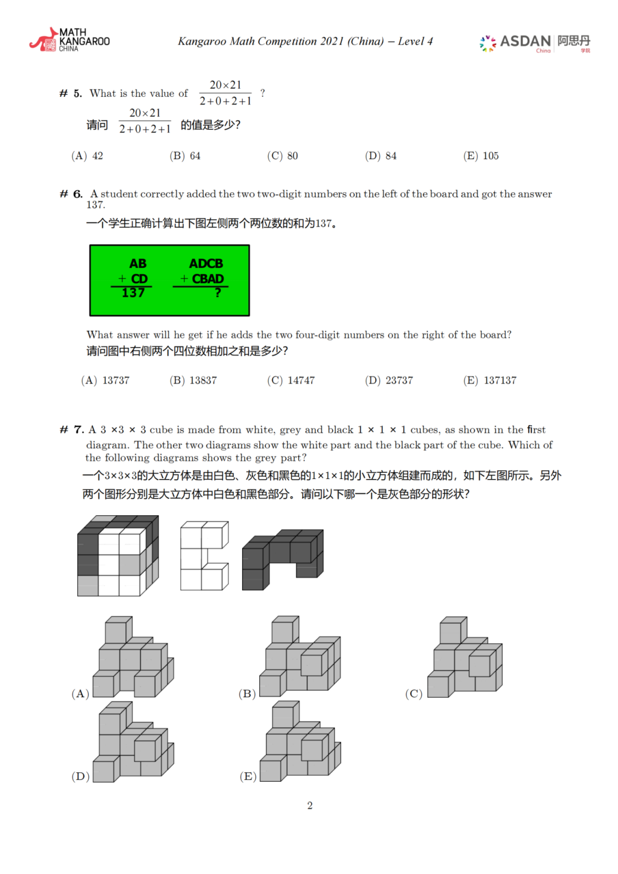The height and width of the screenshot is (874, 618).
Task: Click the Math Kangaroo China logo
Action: point(69,40)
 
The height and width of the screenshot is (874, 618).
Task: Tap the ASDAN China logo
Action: point(534,42)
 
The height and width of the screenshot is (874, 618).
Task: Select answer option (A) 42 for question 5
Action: point(87,156)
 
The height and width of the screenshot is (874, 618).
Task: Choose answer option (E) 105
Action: point(481,156)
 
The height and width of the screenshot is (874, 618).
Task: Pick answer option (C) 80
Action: point(283,156)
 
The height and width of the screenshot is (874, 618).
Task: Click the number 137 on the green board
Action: point(133,293)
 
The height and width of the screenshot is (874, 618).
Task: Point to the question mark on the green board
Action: point(217,293)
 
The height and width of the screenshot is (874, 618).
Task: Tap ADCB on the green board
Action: point(206,263)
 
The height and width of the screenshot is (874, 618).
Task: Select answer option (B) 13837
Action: point(193,380)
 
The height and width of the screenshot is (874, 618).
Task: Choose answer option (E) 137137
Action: point(489,380)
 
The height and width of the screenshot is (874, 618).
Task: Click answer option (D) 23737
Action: point(389,380)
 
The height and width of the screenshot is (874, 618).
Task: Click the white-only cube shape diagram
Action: point(204,555)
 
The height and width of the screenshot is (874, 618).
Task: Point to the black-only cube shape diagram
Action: point(283,559)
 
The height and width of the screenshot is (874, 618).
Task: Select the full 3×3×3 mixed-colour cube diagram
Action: point(118,556)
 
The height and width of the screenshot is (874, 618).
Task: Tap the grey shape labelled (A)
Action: point(133,658)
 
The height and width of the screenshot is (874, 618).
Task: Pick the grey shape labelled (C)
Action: point(465,658)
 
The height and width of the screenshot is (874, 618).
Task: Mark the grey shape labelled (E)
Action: point(300,742)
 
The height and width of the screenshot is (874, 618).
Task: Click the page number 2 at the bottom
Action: point(310,805)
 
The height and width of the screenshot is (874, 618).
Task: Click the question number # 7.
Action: point(72,429)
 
